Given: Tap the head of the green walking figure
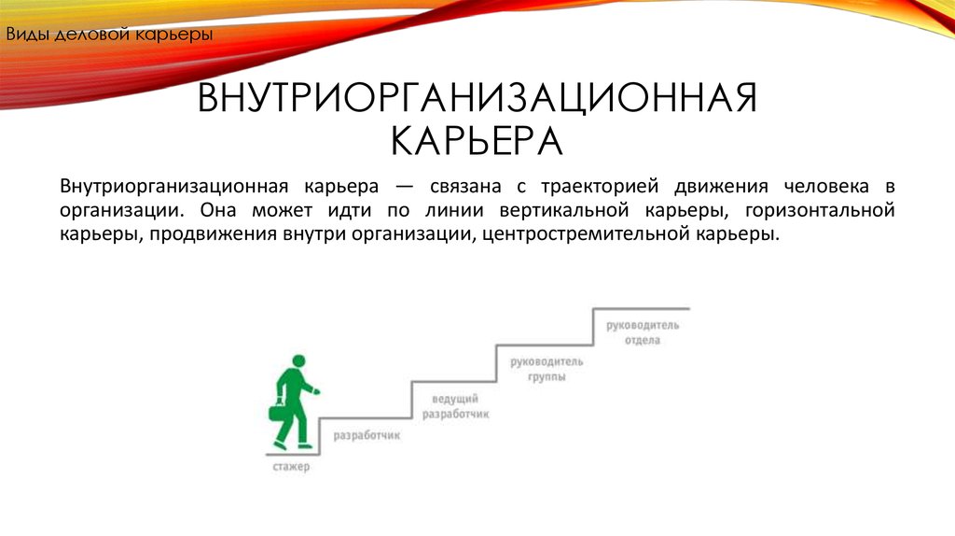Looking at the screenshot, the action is (298, 361).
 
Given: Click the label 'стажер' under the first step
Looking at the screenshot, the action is (291, 467).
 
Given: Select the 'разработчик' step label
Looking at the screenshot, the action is (367, 435).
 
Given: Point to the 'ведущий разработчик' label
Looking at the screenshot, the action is (455, 406).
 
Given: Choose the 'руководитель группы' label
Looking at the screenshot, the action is (547, 369).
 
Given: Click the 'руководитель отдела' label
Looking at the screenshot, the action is (643, 332).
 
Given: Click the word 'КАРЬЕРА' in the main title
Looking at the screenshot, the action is (477, 141).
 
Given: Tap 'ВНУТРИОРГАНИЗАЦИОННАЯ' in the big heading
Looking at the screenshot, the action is (477, 98).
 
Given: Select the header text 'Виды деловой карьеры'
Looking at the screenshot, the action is (110, 35).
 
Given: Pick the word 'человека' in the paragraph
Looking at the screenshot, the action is (826, 186).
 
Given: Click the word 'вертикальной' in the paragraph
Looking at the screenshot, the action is (564, 210).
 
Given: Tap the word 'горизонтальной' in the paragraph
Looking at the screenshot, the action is (820, 210).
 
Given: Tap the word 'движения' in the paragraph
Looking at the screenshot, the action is (721, 186).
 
